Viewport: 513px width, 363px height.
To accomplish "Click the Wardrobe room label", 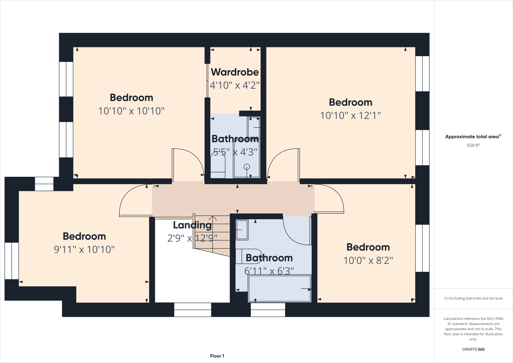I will coord(235,72).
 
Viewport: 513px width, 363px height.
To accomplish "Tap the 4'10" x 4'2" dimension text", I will coord(234,85).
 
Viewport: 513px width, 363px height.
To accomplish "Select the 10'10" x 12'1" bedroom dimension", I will coord(350,116).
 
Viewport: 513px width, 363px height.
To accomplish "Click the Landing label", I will coord(192,225).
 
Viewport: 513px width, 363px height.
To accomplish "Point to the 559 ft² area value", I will coord(473,145).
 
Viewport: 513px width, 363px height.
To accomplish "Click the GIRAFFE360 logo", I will coord(473,349).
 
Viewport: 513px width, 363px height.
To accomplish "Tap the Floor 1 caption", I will coord(217,356).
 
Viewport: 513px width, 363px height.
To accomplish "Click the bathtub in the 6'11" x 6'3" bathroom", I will coord(280,288).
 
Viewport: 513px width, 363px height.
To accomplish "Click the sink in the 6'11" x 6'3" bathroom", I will coord(242,230).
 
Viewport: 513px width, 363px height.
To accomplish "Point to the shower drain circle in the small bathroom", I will coord(247,167).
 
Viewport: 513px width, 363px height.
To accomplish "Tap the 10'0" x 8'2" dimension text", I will coord(368,260).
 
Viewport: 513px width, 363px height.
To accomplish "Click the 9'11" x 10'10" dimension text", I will coord(84,249).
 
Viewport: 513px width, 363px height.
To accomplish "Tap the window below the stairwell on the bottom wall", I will coord(193,310).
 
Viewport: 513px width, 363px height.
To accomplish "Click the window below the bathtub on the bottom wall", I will coord(268,310).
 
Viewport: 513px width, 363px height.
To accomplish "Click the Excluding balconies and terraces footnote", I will coord(473,298).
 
